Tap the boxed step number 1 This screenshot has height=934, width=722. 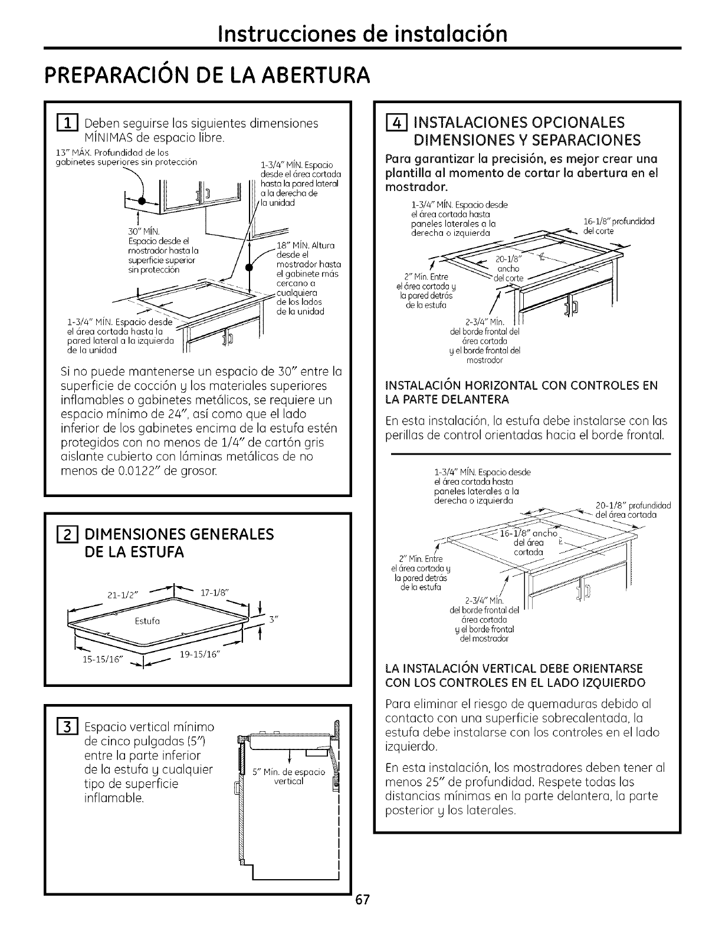71,124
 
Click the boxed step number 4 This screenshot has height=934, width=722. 393,123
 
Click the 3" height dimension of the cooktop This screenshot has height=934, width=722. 273,620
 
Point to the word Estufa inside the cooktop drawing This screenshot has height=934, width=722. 150,621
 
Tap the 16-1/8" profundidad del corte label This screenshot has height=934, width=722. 618,222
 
